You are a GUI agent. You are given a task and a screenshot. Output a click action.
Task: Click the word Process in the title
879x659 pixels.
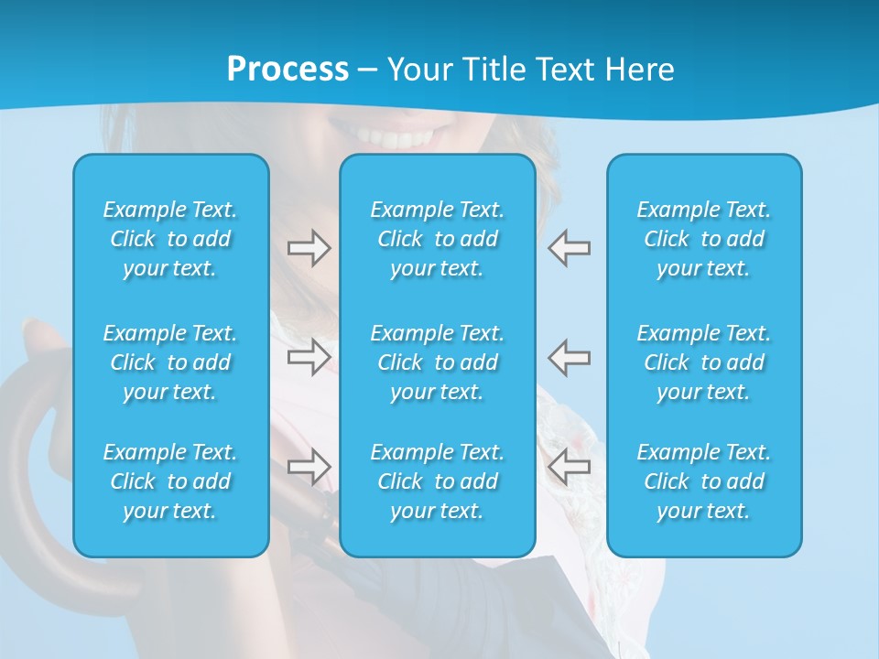288,70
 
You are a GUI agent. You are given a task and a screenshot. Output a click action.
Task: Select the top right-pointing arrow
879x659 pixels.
309,248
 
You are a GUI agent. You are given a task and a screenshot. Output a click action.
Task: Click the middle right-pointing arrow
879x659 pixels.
309,356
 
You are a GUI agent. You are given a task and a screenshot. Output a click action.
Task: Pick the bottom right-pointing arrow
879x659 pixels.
309,467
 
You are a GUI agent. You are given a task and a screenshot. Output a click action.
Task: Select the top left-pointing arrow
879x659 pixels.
569,248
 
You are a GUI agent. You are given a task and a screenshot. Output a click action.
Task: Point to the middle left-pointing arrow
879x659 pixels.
569,356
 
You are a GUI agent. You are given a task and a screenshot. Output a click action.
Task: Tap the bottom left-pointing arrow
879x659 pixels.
569,467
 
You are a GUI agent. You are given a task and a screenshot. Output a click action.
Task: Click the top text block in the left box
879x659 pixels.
170,239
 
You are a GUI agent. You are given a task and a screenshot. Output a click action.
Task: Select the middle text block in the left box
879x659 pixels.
170,362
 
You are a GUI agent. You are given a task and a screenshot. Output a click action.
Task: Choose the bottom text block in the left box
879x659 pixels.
170,481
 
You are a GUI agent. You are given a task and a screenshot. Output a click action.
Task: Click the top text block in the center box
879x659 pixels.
438,239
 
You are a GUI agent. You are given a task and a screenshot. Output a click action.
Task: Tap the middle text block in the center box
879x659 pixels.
438,362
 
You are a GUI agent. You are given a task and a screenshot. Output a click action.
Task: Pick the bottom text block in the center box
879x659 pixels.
438,481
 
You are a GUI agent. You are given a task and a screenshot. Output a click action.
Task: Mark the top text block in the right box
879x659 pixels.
704,239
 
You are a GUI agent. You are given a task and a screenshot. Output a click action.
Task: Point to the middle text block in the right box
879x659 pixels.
704,362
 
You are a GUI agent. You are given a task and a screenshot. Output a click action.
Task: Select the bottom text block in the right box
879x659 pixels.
704,481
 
